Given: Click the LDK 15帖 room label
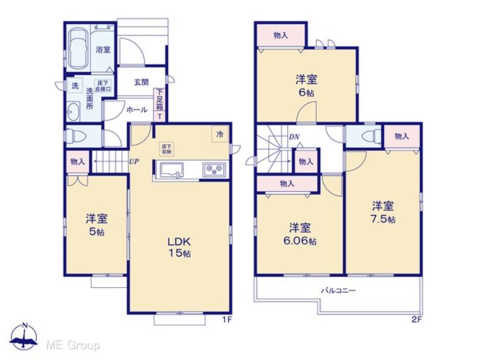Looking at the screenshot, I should [179, 246].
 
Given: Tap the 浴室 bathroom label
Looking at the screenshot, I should [103, 50].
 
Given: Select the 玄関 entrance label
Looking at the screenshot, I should [141, 81].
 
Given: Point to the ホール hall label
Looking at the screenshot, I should [137, 109].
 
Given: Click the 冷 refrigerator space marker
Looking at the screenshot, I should [220, 134].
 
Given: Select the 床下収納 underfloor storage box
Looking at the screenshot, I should [166, 148].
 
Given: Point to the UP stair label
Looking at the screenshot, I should [134, 161].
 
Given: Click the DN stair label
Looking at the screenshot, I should [294, 136].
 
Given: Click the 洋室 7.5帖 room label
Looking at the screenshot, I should [383, 212].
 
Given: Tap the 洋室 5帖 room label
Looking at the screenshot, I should [97, 224].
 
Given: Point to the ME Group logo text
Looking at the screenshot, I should [73, 345].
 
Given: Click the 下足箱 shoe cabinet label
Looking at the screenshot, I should [160, 103].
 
